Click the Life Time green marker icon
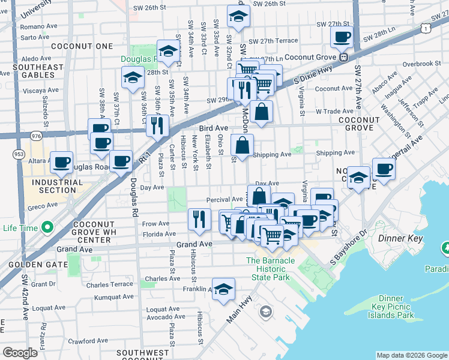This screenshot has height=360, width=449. (x=46, y=228)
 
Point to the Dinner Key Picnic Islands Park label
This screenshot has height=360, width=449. (x=396, y=307)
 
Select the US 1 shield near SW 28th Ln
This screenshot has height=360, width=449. (x=424, y=28)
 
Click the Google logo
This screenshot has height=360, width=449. (x=20, y=353)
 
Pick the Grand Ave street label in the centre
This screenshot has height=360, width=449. (x=194, y=244)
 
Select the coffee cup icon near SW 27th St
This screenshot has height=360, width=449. (x=342, y=37)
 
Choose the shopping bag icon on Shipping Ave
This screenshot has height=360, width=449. (x=242, y=145)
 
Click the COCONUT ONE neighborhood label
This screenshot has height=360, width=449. (x=82, y=46)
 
